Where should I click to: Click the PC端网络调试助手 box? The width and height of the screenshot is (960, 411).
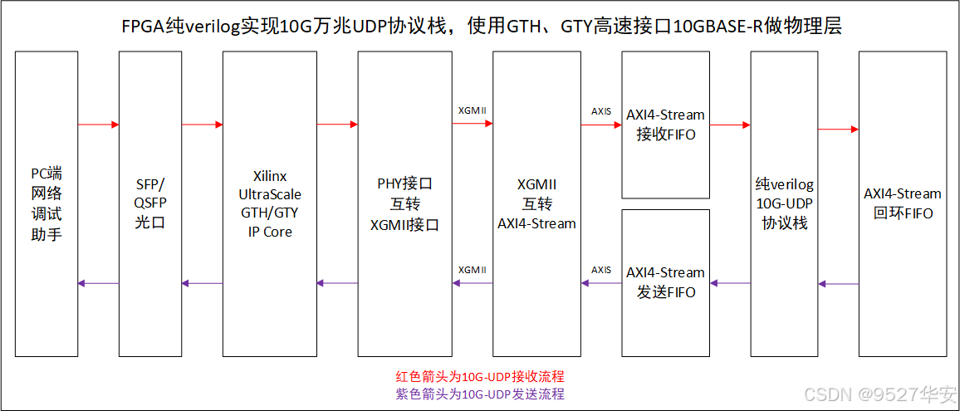47,203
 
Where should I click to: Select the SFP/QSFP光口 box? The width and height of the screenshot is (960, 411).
150,203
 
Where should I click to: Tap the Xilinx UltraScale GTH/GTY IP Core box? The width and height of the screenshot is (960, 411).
271,203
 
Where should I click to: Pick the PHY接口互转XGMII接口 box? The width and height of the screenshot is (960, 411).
404,203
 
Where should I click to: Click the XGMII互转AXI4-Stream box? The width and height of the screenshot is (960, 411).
536,203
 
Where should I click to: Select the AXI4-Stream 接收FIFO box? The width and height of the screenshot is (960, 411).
665,125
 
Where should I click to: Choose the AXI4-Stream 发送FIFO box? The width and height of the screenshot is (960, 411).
665,282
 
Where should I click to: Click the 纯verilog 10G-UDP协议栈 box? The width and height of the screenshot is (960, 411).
784,203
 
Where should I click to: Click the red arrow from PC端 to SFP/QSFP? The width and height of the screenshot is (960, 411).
98,125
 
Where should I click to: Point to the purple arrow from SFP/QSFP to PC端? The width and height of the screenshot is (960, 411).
98,283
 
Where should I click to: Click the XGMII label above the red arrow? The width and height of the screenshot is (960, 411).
472,110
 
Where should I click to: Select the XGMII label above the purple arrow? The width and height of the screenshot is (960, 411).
472,270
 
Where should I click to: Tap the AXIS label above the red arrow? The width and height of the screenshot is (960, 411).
601,110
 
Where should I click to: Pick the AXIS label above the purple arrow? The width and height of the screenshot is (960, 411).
601,270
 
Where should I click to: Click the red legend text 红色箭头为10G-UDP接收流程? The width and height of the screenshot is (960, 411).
480,377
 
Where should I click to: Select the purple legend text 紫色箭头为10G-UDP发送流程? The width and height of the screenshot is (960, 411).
480,394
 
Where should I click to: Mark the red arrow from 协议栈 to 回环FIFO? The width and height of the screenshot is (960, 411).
837,130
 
